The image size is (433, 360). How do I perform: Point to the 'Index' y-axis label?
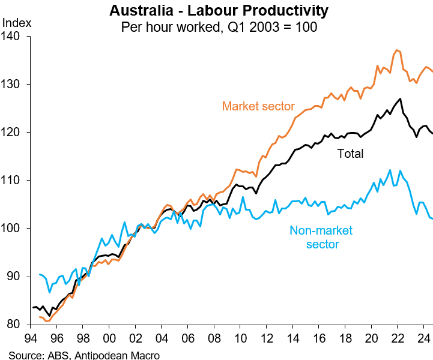(17, 23)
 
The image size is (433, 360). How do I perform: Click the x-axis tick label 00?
(109, 337)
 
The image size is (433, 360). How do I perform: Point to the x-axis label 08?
(213, 337)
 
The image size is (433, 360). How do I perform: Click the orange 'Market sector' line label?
(258, 106)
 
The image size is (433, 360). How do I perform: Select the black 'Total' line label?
(350, 154)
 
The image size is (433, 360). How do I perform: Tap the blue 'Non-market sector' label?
(321, 237)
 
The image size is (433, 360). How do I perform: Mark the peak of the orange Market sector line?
(396, 50)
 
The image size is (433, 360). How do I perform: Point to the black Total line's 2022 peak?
(401, 98)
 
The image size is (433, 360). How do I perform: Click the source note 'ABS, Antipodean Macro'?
(84, 355)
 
